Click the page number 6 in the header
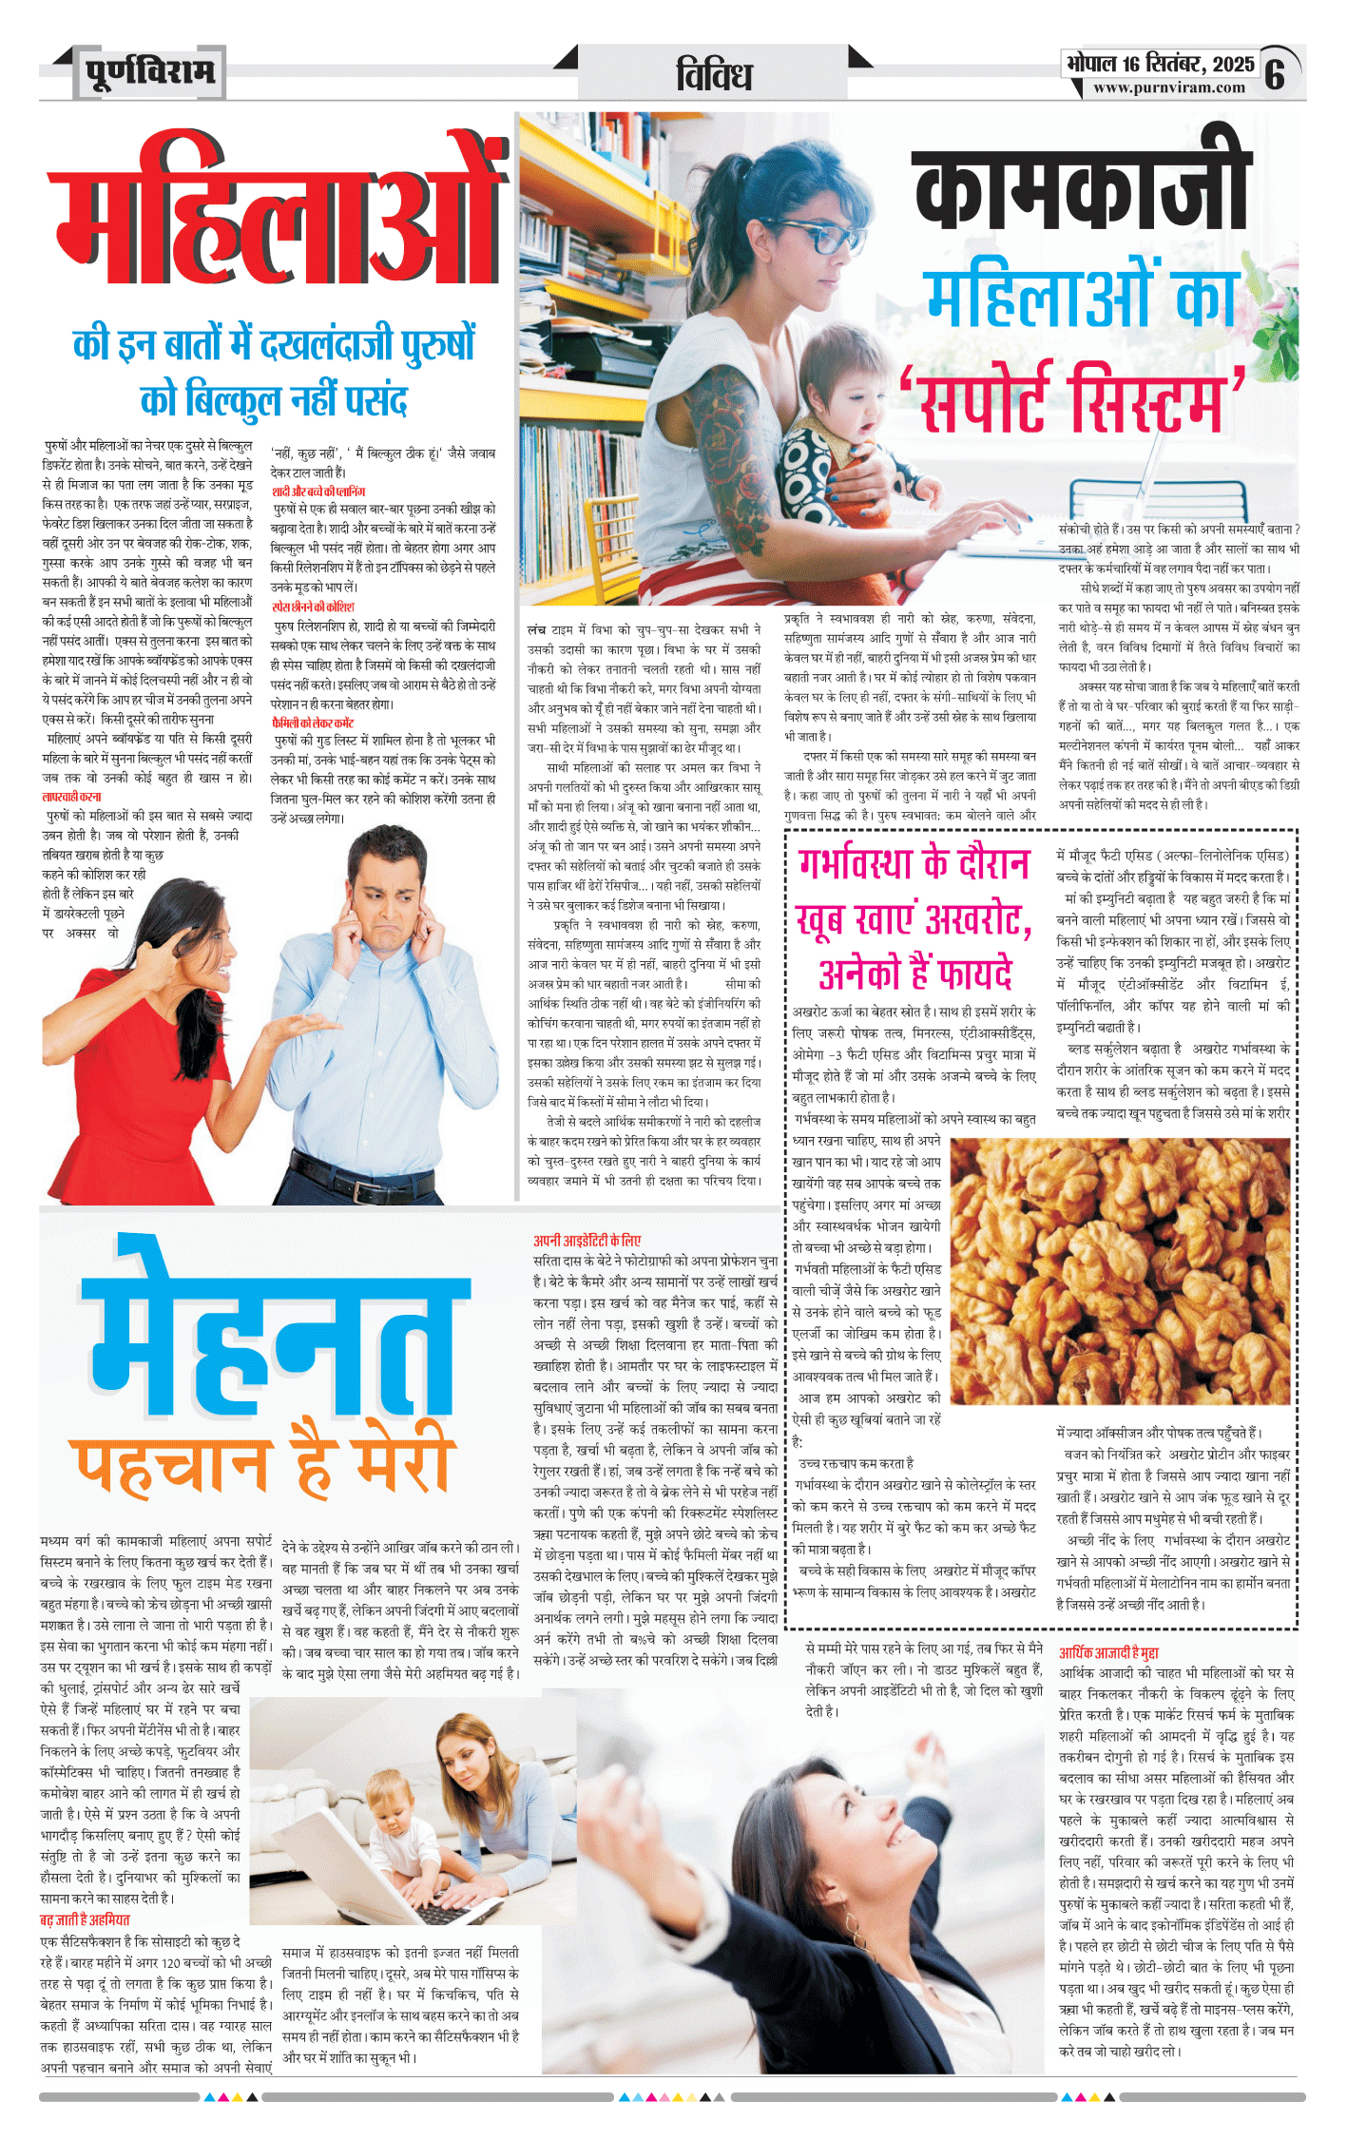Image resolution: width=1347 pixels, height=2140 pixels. point(1275,72)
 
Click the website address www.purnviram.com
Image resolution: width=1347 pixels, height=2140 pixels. point(1168,88)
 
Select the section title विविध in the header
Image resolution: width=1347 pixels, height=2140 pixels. point(714,75)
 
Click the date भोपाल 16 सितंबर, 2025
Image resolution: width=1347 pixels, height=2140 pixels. point(1160,64)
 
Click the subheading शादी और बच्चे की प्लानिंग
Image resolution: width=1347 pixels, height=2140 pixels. point(318,492)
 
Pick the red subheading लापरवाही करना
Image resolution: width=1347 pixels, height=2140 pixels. point(71,797)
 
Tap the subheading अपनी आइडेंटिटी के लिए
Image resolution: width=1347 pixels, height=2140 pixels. point(587,1241)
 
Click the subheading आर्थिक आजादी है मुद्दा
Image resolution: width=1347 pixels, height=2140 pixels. point(1108,1653)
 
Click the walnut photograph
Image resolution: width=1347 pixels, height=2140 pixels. point(1120,1269)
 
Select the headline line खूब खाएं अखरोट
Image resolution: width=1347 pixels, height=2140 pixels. point(914,918)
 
